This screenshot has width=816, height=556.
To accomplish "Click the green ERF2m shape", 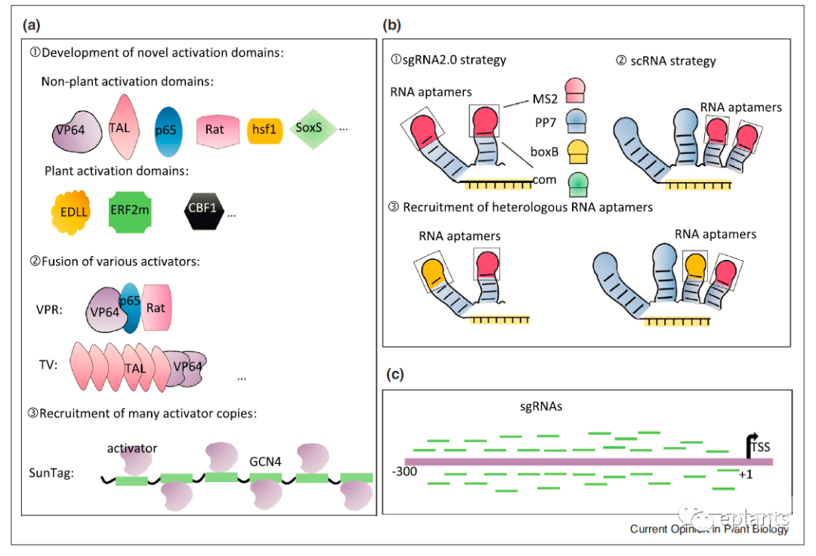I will click(130, 211).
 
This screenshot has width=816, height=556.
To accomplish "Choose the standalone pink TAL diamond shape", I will click(119, 127).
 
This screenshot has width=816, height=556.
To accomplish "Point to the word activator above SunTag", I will click(131, 448).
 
